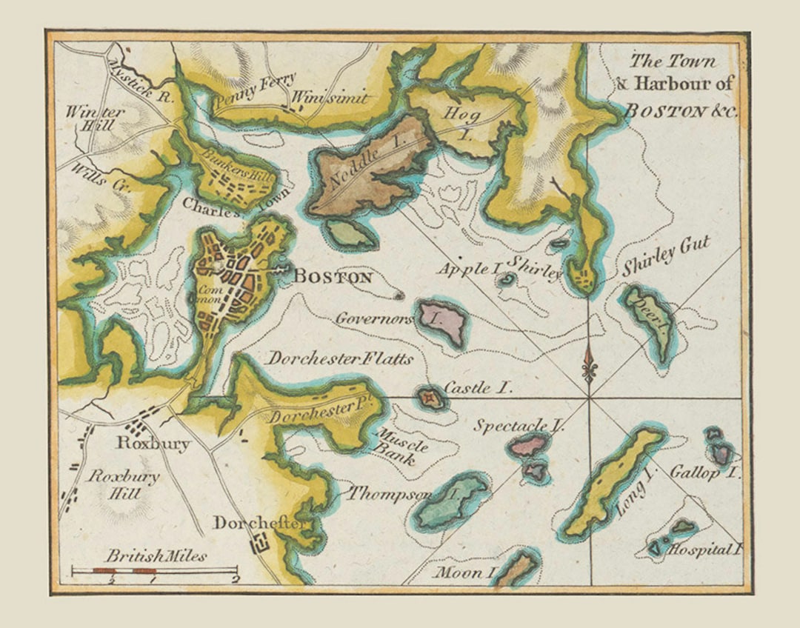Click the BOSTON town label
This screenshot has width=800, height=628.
coord(333,278)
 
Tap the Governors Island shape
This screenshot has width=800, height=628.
coord(443,322)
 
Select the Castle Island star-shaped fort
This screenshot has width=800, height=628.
coord(429,398)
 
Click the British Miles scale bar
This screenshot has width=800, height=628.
coord(153,570)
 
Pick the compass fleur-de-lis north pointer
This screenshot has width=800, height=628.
coord(589,364)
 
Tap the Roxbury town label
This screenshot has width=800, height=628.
coord(153,444)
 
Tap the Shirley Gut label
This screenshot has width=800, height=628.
coord(666,256)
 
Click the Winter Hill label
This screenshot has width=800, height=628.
coord(95,118)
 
